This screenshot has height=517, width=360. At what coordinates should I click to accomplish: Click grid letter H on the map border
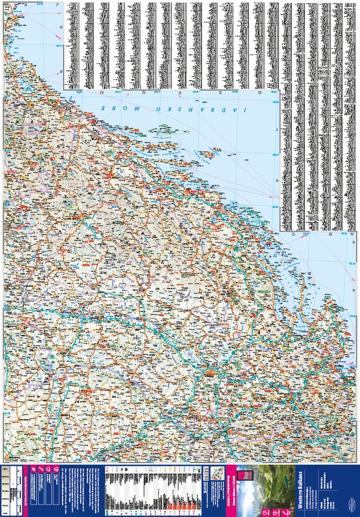tap(95, 93)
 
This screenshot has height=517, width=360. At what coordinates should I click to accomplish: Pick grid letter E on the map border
tap(219, 93)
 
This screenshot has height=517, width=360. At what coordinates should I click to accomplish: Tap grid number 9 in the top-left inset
tap(61, 27)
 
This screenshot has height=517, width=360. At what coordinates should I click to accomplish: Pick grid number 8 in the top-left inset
tap(61, 71)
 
